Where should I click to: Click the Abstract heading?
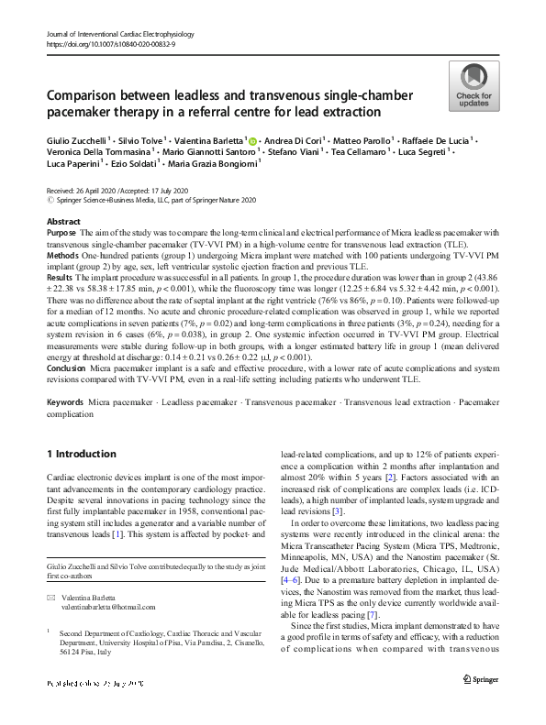63,223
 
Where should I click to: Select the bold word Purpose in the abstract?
61,235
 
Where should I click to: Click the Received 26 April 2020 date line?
110,190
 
